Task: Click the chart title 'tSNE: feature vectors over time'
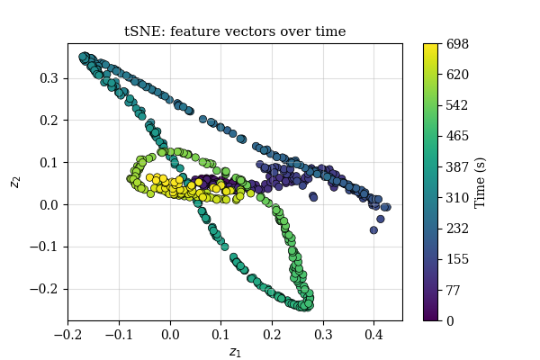point(234,32)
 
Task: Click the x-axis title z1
point(235,352)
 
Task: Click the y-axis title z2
point(15,181)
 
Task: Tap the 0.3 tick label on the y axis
point(49,78)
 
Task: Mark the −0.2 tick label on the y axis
point(46,289)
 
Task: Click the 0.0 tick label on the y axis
point(49,204)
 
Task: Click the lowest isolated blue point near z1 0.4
point(373,230)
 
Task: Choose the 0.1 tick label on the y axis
point(49,162)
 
